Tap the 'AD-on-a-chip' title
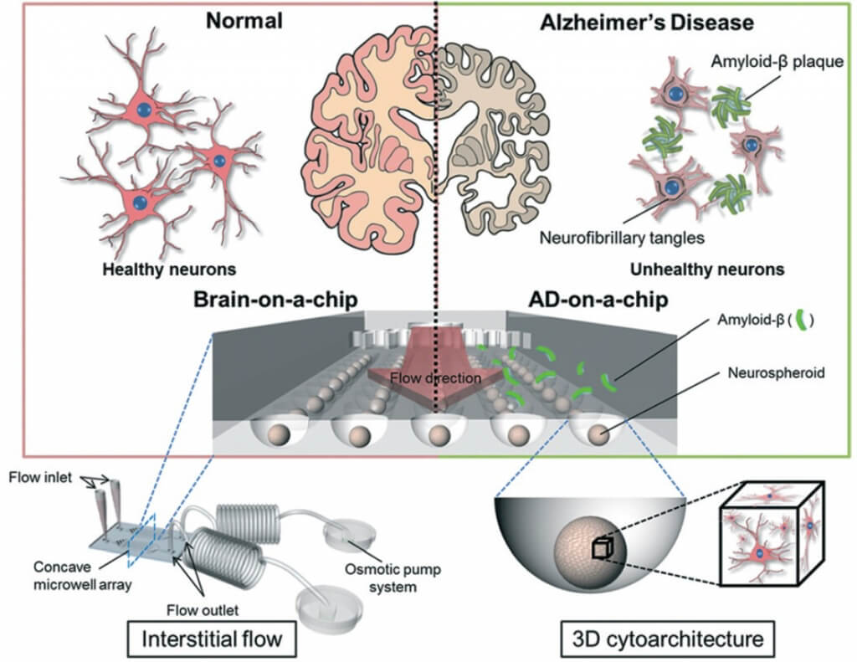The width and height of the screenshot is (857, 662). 598,300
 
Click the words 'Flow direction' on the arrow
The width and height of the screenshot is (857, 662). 436,378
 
